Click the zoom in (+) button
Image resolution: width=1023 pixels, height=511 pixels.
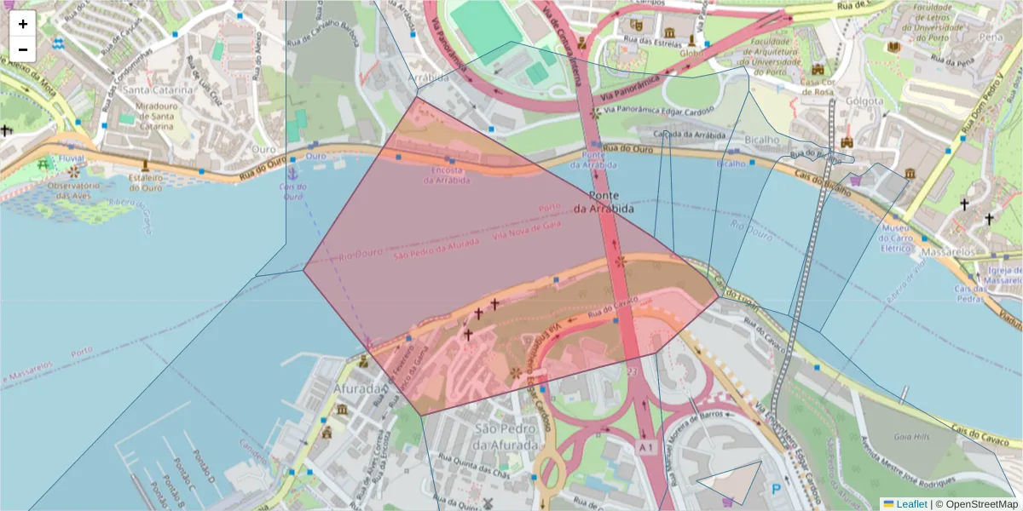click(23, 24)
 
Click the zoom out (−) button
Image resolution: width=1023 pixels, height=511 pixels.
click(23, 49)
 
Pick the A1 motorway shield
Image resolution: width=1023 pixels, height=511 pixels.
click(646, 447)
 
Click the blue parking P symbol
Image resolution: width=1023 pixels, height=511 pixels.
click(776, 490)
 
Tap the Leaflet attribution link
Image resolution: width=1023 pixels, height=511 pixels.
click(911, 503)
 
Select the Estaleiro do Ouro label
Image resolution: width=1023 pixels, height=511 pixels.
click(145, 181)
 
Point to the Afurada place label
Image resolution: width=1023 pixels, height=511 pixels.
click(358, 389)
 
